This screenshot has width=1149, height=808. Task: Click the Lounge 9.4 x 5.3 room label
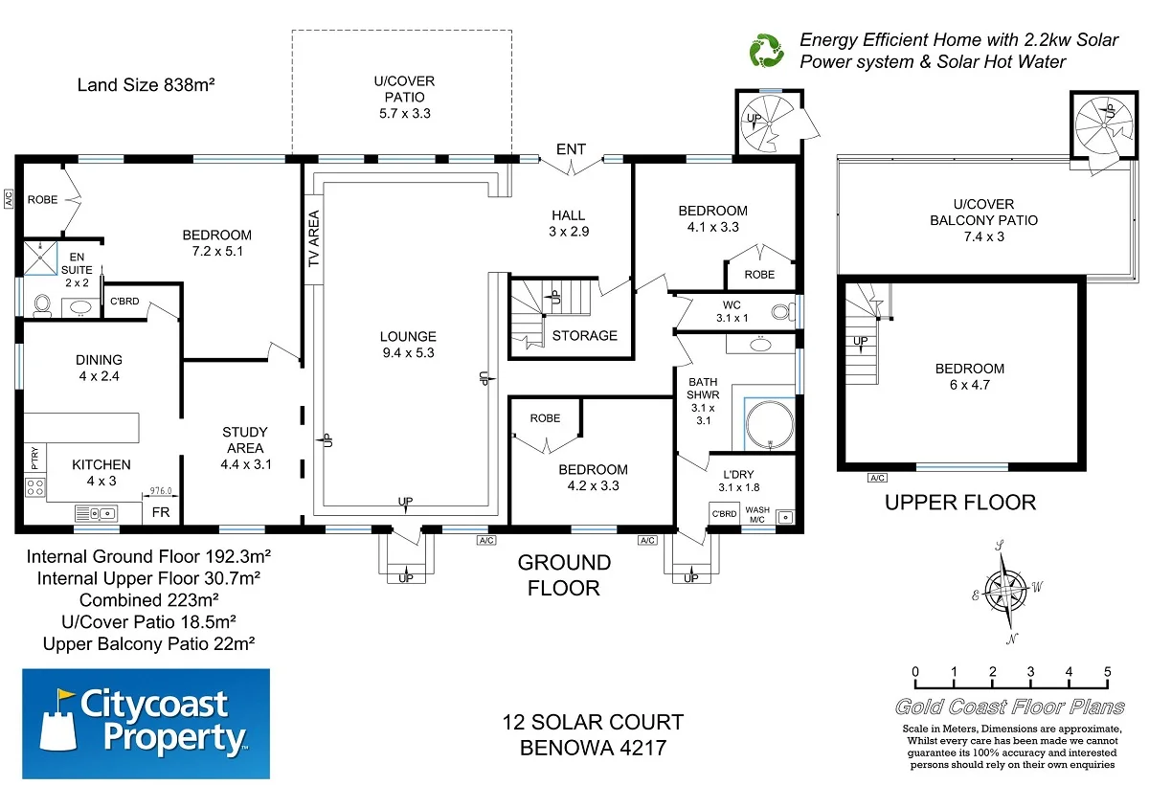pos(407,345)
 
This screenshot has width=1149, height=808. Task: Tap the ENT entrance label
pos(571,149)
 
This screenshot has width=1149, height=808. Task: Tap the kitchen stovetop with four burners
pos(34,487)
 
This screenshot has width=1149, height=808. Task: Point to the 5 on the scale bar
pos(1107,670)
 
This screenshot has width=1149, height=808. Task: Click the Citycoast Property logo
pos(146,723)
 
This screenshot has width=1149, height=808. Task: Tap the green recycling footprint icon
pos(766,51)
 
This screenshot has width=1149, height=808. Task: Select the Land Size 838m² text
pos(146,85)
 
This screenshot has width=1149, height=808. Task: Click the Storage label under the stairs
pos(584,335)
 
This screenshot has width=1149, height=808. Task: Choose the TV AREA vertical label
pos(312,240)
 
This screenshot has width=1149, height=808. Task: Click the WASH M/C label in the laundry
pos(757,514)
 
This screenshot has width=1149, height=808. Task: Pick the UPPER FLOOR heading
pos(960,502)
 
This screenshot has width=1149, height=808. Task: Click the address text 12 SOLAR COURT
pos(594,723)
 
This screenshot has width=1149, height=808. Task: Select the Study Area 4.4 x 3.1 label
pos(245,448)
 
